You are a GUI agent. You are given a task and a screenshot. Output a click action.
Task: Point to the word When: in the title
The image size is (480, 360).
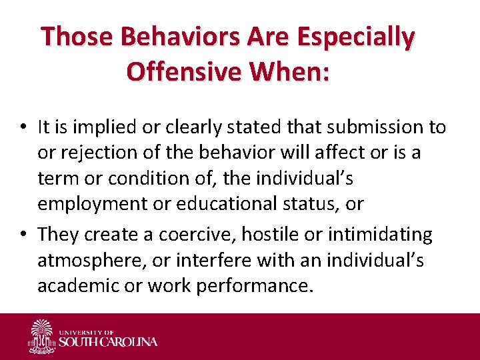[x=296, y=71]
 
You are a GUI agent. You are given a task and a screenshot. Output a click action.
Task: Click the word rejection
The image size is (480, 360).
[x=93, y=153]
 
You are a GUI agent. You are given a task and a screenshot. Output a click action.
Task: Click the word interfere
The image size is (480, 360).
[x=187, y=261]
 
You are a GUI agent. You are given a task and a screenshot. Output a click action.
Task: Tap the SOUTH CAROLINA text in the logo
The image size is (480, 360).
[x=108, y=342]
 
